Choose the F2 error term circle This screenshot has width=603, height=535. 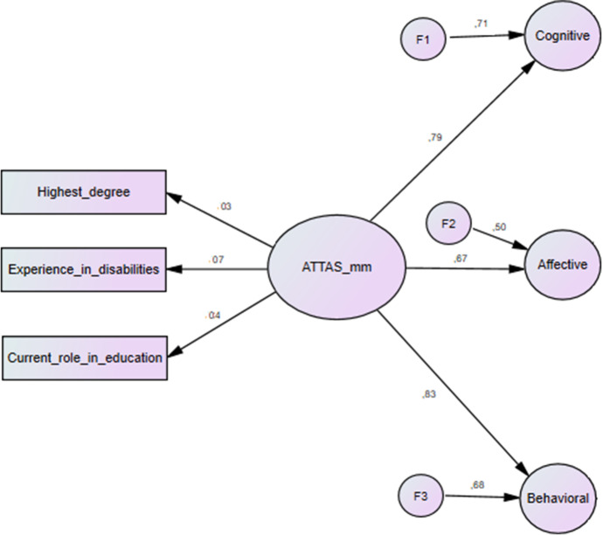[447, 225]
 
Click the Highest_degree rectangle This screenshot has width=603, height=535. [84, 192]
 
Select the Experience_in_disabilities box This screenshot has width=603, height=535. [84, 269]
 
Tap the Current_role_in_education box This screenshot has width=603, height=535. [84, 357]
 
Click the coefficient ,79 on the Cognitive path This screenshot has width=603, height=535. [436, 136]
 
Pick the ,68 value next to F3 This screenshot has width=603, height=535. [479, 485]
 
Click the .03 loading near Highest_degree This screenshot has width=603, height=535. [225, 206]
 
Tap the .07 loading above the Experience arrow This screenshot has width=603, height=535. [217, 260]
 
